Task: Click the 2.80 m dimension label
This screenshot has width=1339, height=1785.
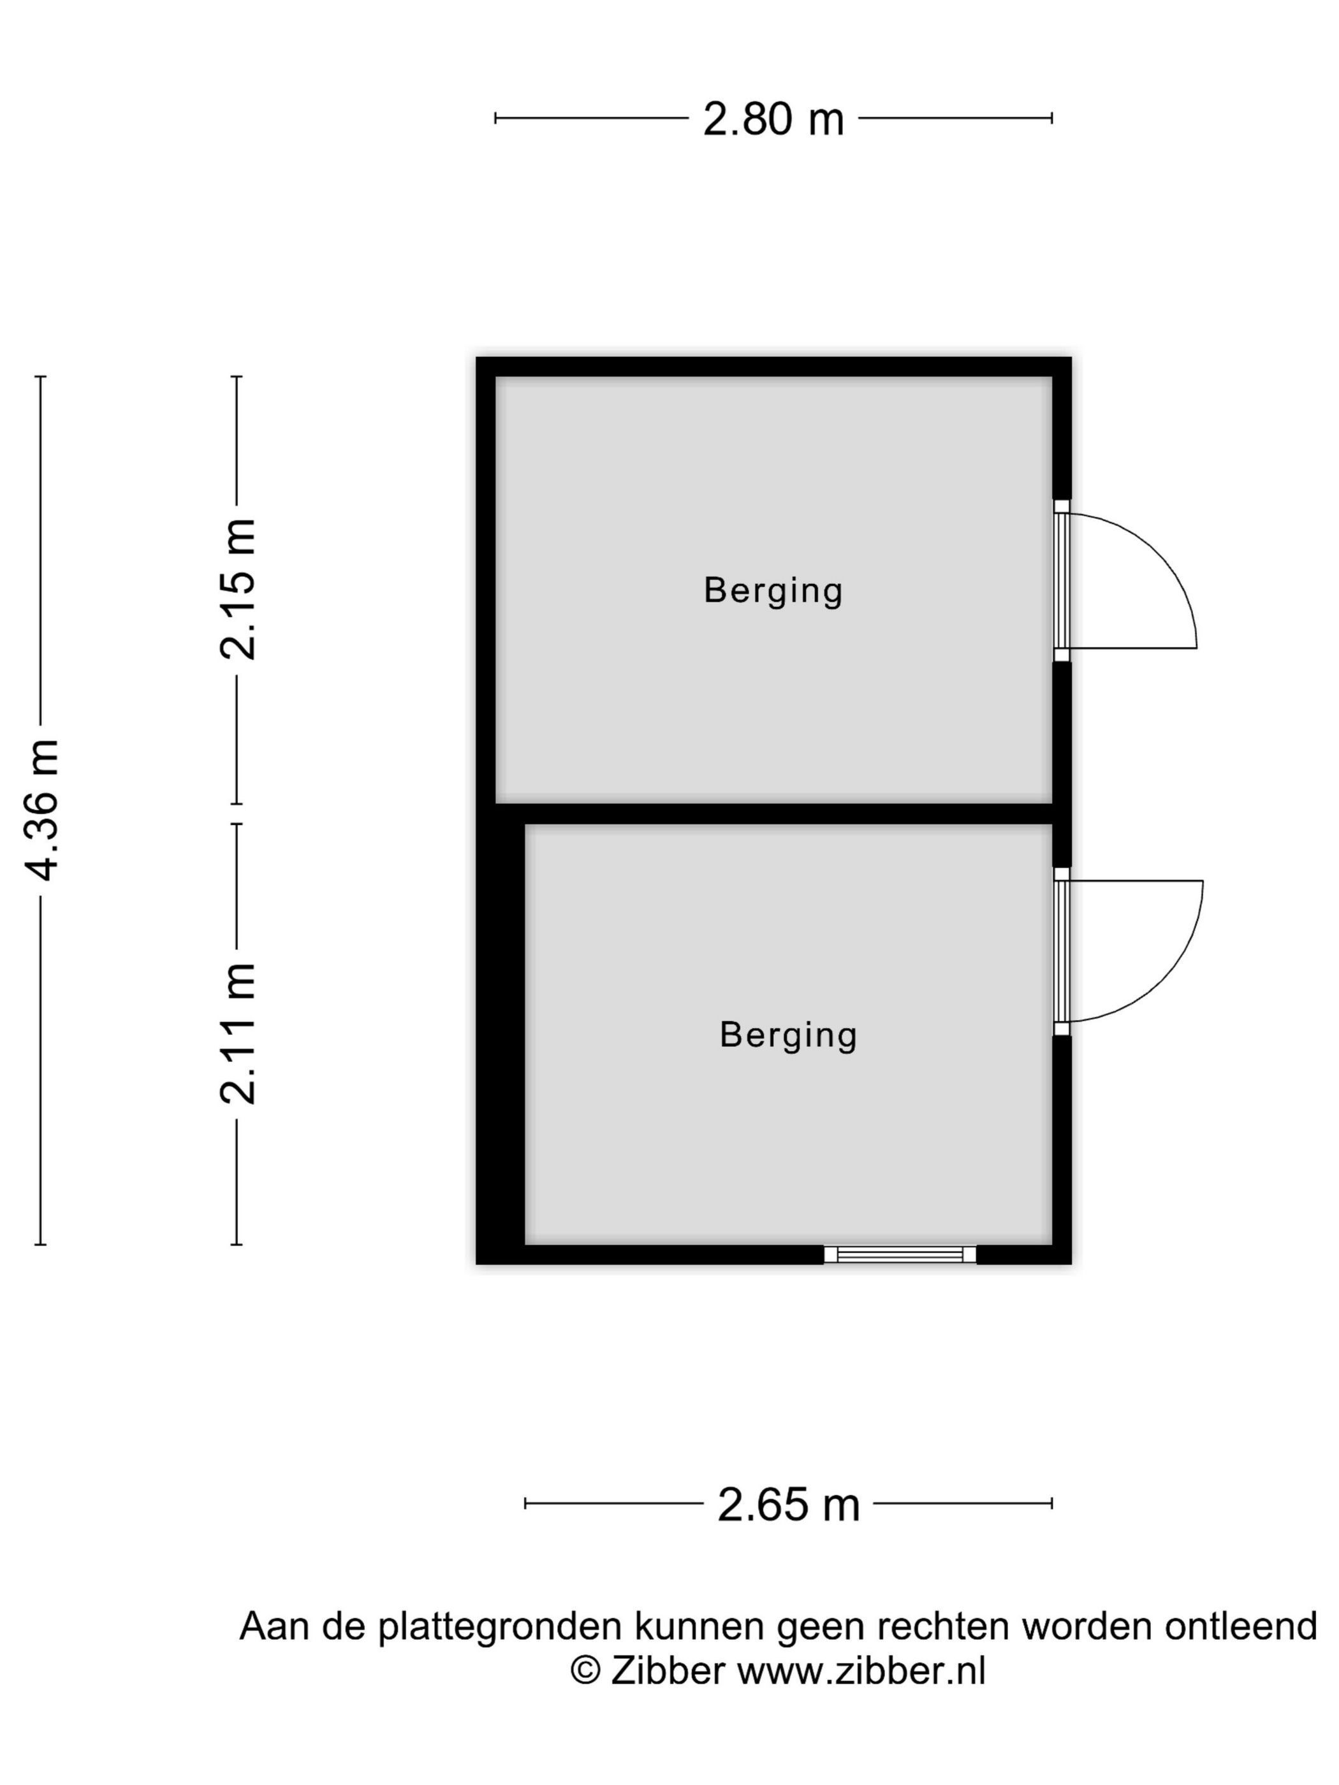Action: pos(772,119)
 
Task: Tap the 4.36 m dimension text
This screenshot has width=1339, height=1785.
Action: pos(42,810)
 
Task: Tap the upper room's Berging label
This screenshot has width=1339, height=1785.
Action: pos(772,591)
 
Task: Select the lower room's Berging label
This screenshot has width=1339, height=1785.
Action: pos(787,1035)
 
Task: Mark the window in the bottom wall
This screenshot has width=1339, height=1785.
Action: pos(899,1254)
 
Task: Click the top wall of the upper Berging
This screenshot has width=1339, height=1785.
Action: pos(772,367)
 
